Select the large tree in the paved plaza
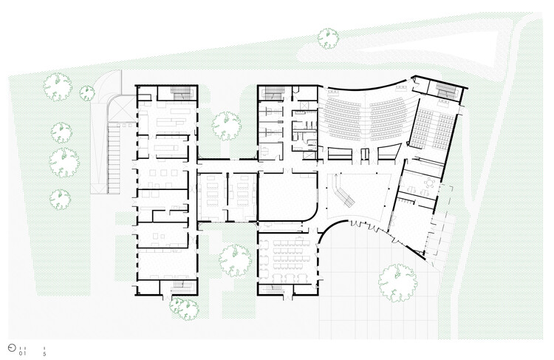point(396,284)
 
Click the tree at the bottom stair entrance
point(182,307)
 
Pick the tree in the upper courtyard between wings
point(228,125)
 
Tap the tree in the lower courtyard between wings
point(235,261)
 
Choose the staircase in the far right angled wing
point(448,90)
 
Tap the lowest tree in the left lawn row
point(60,198)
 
